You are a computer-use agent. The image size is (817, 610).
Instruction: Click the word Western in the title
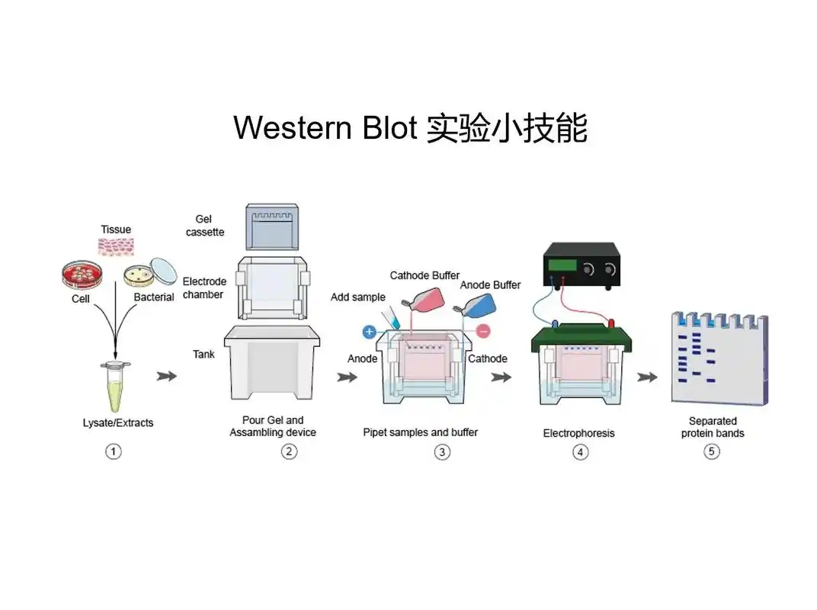point(287,127)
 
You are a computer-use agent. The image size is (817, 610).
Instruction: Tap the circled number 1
point(114,451)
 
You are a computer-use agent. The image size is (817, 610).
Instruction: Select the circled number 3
point(442,452)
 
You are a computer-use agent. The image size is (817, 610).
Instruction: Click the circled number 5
point(711,451)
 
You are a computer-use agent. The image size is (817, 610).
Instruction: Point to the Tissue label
point(116,230)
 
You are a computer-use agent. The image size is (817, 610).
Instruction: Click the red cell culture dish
point(82,274)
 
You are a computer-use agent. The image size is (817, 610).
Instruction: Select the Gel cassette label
point(204,225)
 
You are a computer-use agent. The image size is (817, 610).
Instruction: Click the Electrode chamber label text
point(203,287)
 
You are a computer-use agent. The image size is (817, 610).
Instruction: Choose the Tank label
point(203,354)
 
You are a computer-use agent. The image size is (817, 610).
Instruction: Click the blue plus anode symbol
point(369,332)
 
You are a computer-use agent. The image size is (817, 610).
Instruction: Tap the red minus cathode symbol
point(483,331)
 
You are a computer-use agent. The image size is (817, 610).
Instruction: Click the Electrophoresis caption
point(578,433)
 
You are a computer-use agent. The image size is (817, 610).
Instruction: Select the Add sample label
point(357,297)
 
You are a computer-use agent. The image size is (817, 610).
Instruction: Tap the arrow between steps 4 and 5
point(648,377)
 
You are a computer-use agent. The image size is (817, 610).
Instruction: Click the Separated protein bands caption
point(713,427)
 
